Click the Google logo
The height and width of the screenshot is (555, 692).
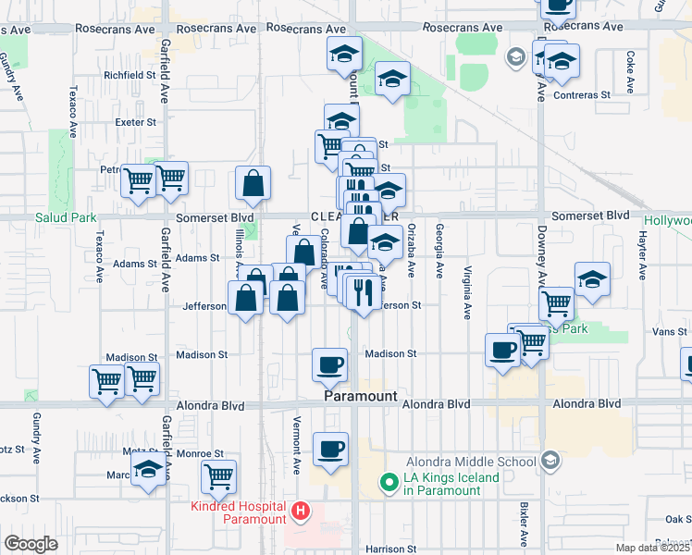[31, 544]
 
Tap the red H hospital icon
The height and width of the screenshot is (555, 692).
[300, 510]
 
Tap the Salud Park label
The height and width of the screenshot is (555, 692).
[66, 218]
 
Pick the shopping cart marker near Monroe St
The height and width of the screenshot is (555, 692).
[219, 476]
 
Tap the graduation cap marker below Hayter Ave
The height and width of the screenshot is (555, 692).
[591, 278]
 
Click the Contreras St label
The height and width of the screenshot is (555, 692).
[582, 94]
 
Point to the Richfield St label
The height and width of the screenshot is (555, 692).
[130, 75]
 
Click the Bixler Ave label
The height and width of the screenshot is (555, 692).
[525, 524]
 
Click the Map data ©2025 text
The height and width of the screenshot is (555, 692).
[652, 548]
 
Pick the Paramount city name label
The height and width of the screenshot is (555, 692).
[360, 396]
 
